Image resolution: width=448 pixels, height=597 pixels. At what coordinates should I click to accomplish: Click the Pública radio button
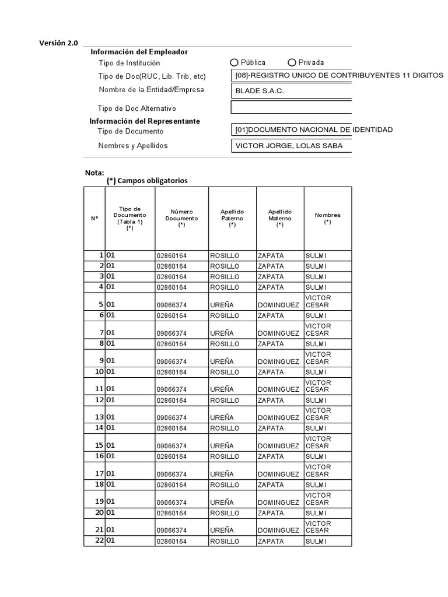pos(235,62)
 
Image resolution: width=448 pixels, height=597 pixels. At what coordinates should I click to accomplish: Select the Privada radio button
pos(292,62)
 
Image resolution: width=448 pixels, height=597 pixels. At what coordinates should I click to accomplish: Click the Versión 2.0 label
pos(58,43)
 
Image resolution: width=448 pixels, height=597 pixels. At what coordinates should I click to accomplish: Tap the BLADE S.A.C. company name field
pos(291,91)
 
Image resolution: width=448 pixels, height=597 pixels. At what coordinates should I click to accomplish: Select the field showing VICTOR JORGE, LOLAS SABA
pos(291,146)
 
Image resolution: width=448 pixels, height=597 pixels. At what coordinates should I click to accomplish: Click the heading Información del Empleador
pos(139,52)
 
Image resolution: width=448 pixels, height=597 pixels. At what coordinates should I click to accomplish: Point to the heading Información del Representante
pos(144,121)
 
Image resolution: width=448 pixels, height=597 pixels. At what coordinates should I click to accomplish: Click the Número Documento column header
pos(181,218)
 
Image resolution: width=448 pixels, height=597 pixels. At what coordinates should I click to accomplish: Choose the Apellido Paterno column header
pos(232,218)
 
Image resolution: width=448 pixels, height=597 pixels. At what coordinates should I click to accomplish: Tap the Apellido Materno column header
pos(279,218)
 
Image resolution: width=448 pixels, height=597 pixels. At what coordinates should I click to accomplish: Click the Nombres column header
pos(327,218)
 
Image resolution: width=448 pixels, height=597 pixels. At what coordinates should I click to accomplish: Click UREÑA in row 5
pos(222,305)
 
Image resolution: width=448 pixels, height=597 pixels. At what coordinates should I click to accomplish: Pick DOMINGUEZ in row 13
pos(278,418)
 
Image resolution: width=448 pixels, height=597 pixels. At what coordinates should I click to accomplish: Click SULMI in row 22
pos(315,542)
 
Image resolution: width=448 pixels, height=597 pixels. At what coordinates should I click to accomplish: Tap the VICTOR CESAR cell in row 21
pos(318,527)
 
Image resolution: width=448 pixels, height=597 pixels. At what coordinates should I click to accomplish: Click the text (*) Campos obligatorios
pos(147,181)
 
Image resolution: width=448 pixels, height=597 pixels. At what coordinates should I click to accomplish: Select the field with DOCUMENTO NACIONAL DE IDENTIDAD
pos(291,129)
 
